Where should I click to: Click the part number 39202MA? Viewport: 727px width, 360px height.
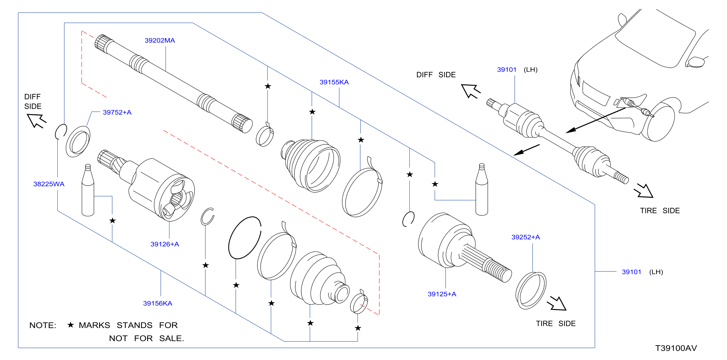(x=160, y=40)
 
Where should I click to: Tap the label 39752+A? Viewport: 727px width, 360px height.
(x=117, y=112)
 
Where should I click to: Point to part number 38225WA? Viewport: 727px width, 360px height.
(x=49, y=184)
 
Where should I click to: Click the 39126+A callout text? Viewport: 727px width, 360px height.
(x=165, y=244)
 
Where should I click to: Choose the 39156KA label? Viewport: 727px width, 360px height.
(x=158, y=303)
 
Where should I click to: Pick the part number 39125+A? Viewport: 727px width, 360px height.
(x=442, y=294)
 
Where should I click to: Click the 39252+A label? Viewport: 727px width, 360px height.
(x=526, y=237)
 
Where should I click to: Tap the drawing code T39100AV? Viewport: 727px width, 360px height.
(x=676, y=348)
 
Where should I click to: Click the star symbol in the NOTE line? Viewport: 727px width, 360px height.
(x=71, y=325)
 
